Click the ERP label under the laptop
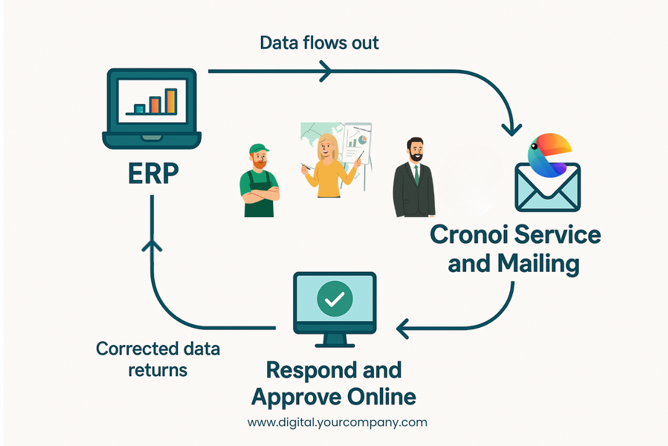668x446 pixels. pos(154,173)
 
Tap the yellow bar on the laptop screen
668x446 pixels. pos(170,101)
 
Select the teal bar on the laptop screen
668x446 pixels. pos(139,109)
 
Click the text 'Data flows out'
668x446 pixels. pos(319,43)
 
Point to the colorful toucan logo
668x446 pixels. pos(549,154)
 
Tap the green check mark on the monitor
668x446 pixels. pos(334,298)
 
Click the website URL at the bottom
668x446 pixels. pos(337,422)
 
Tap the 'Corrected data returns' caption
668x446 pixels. pos(158,359)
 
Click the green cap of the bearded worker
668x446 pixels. pos(259,150)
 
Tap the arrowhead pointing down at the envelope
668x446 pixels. pos(512,128)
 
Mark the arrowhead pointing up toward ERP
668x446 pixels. pos(151,243)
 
